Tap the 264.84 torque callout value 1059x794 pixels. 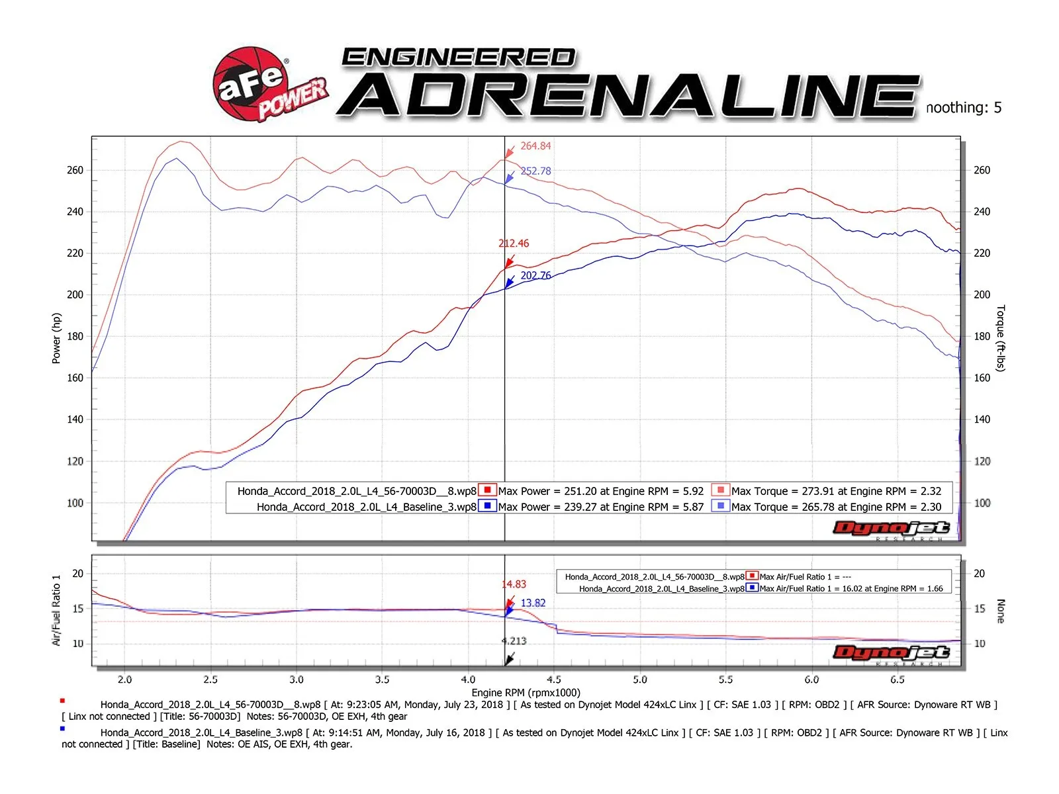(x=535, y=146)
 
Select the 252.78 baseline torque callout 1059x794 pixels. (x=535, y=171)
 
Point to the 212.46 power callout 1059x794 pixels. (x=514, y=243)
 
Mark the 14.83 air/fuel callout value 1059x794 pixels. (x=514, y=584)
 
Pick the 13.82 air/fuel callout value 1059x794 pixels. (x=533, y=603)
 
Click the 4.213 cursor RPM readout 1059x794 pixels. (x=514, y=640)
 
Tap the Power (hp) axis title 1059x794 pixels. (x=56, y=338)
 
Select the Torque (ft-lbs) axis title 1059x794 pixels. (x=1000, y=338)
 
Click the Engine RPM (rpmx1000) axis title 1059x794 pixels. (x=526, y=692)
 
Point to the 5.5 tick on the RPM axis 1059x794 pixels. (x=725, y=680)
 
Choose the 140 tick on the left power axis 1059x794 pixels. (x=75, y=419)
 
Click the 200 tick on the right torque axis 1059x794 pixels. (x=982, y=295)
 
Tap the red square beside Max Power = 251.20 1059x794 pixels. (x=487, y=490)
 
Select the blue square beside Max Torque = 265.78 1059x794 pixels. (x=720, y=506)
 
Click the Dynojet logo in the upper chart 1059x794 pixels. (x=891, y=528)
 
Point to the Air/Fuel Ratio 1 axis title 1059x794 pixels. (x=56, y=609)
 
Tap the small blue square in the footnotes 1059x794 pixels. (x=62, y=728)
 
